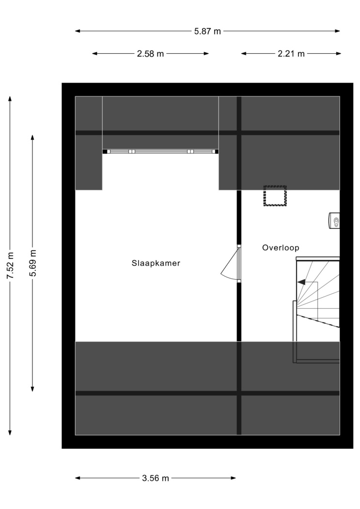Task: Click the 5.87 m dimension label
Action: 207,31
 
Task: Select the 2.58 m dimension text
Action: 151,53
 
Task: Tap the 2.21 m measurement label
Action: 291,53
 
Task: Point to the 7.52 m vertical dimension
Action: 10,265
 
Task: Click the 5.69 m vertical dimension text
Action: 32,263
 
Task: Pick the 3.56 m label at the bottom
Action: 156,478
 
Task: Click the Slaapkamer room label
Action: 156,263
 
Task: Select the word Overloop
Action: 281,248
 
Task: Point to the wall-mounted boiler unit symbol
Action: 334,221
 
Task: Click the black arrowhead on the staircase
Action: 301,282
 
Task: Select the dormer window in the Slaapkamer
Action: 160,151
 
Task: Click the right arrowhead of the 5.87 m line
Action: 338,31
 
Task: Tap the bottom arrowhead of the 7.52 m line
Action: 10,432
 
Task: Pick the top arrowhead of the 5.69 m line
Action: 32,138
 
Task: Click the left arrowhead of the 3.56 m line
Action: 78,478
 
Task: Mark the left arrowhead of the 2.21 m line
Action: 244,53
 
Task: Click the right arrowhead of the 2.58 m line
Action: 206,53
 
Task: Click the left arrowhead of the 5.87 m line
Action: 78,31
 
